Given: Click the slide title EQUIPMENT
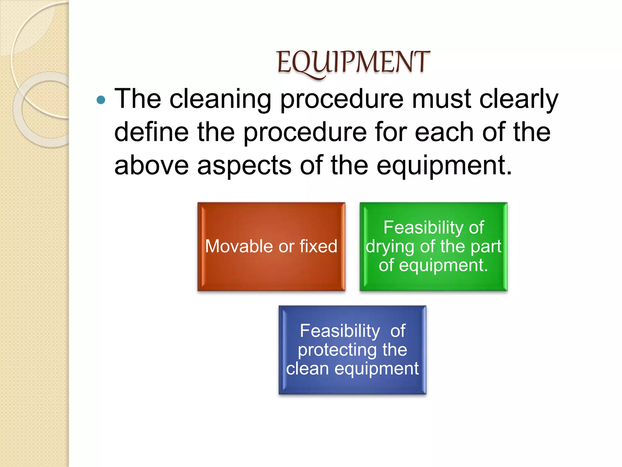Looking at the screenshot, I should pos(353,62).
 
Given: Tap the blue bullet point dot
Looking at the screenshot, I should pos(101,100).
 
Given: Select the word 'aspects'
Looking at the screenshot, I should pos(244,166).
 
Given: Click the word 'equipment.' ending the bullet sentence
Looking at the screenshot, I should pos(444,166).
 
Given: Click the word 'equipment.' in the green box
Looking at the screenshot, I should pos(443,265).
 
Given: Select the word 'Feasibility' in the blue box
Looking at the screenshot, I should pos(340,331).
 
